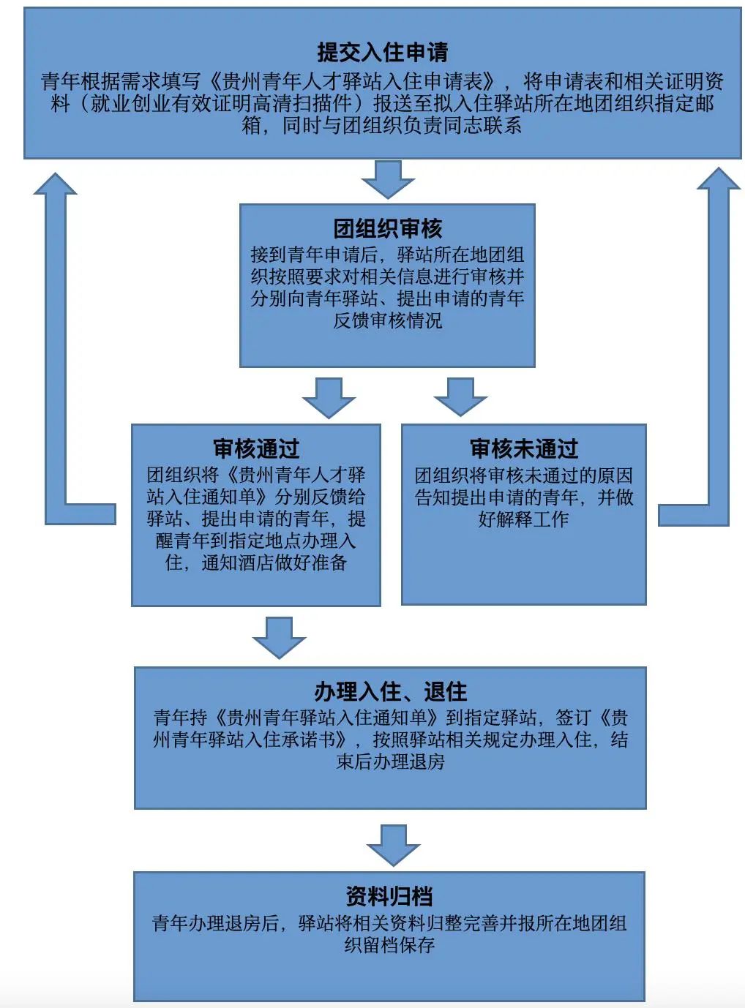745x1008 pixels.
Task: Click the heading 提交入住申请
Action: [383, 52]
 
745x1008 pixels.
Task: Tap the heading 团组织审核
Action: [388, 228]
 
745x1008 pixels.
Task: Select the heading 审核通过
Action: [256, 449]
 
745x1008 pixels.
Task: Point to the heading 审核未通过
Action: [524, 449]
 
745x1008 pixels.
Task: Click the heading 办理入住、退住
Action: [390, 692]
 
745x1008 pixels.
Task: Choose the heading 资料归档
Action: [389, 896]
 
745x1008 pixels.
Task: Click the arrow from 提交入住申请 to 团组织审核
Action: [388, 179]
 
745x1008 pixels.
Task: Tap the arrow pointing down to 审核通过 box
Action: [329, 398]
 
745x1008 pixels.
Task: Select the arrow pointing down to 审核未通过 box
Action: [461, 396]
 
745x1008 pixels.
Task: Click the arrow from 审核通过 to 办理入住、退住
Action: [280, 638]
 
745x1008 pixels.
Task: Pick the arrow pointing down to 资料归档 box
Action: [394, 846]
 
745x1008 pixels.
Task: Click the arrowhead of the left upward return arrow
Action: [56, 184]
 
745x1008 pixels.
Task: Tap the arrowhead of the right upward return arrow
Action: [719, 178]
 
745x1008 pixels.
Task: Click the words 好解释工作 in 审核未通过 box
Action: [523, 519]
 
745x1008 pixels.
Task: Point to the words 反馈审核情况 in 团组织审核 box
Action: [388, 321]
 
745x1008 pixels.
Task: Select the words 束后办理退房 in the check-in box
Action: [390, 761]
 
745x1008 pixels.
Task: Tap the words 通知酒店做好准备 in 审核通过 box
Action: [274, 563]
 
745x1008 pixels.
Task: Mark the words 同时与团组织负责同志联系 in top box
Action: [402, 125]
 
